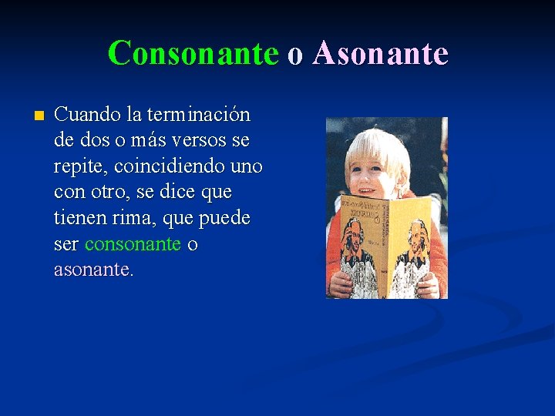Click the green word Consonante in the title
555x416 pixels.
coord(193,53)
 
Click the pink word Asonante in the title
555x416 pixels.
coord(380,53)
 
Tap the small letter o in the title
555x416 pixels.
coord(295,55)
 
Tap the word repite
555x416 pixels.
coord(77,167)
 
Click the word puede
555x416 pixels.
coord(224,219)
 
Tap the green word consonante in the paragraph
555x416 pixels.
coord(133,244)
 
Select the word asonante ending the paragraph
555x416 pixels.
coord(92,270)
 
